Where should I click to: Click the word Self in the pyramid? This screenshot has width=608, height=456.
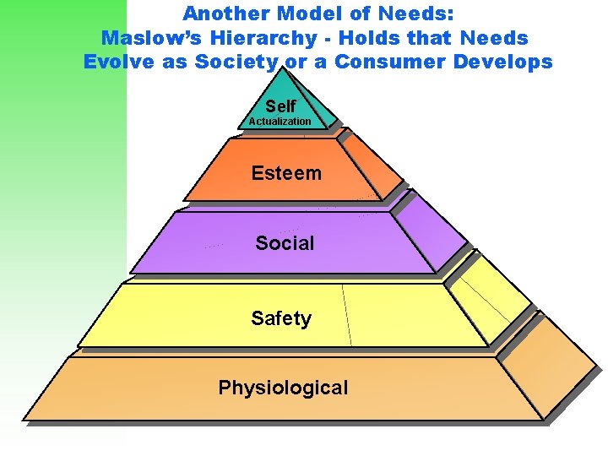[x=280, y=106]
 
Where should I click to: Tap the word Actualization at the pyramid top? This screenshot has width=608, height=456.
[x=280, y=122]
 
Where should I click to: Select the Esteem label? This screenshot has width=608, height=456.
[x=286, y=173]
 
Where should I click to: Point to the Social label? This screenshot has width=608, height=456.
[x=285, y=243]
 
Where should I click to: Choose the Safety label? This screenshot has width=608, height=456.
[x=281, y=318]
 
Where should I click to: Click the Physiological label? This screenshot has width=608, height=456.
[x=283, y=388]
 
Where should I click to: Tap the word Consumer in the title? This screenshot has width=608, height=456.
[x=391, y=62]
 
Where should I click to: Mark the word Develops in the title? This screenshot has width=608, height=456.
[x=504, y=62]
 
